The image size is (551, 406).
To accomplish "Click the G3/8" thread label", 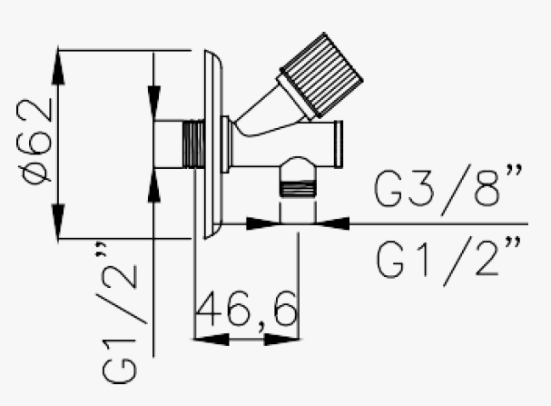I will click(x=448, y=191).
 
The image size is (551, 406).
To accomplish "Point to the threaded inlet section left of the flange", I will click(x=191, y=143).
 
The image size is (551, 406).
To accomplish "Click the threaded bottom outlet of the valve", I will click(x=299, y=188).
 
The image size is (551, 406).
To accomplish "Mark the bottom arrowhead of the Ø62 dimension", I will click(x=59, y=222).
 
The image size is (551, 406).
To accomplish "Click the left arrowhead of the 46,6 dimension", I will click(x=208, y=340).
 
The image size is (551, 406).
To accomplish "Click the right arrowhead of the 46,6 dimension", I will click(x=286, y=340).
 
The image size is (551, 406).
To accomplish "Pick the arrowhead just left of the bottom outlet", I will click(x=264, y=222).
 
